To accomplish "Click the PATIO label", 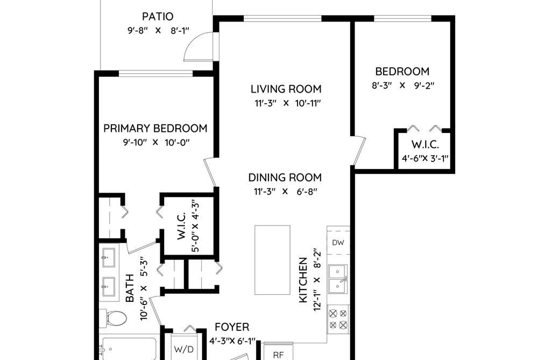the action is tap(158, 16).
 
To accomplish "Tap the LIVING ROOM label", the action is tap(286, 89).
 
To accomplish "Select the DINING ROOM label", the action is tap(285, 178).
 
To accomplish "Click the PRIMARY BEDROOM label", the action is tap(155, 128).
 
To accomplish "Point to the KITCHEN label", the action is tap(303, 280).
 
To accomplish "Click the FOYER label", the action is tap(232, 327).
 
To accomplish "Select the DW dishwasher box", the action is tap(338, 242).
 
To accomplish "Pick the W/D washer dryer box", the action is tap(184, 347).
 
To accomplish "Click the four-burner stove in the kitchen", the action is tap(338, 319).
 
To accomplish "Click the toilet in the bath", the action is tap(113, 317).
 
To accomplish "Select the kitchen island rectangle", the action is tap(272, 260).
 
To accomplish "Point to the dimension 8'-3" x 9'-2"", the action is tap(403, 86).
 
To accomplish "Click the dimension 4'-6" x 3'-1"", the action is tap(425, 158).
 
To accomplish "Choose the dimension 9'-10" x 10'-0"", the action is tap(156, 143).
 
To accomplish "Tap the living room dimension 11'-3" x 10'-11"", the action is tap(287, 103).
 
